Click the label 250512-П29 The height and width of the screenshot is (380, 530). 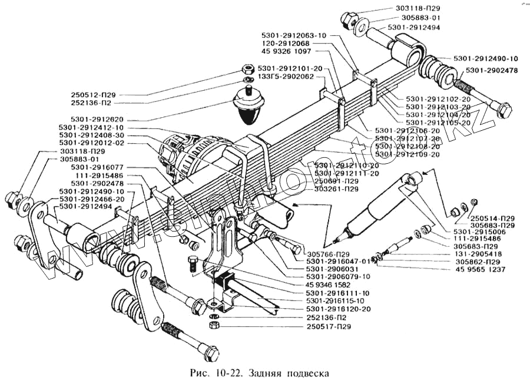click(111, 94)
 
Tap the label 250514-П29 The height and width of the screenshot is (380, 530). click(492, 218)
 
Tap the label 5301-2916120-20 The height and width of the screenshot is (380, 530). click(338, 309)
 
